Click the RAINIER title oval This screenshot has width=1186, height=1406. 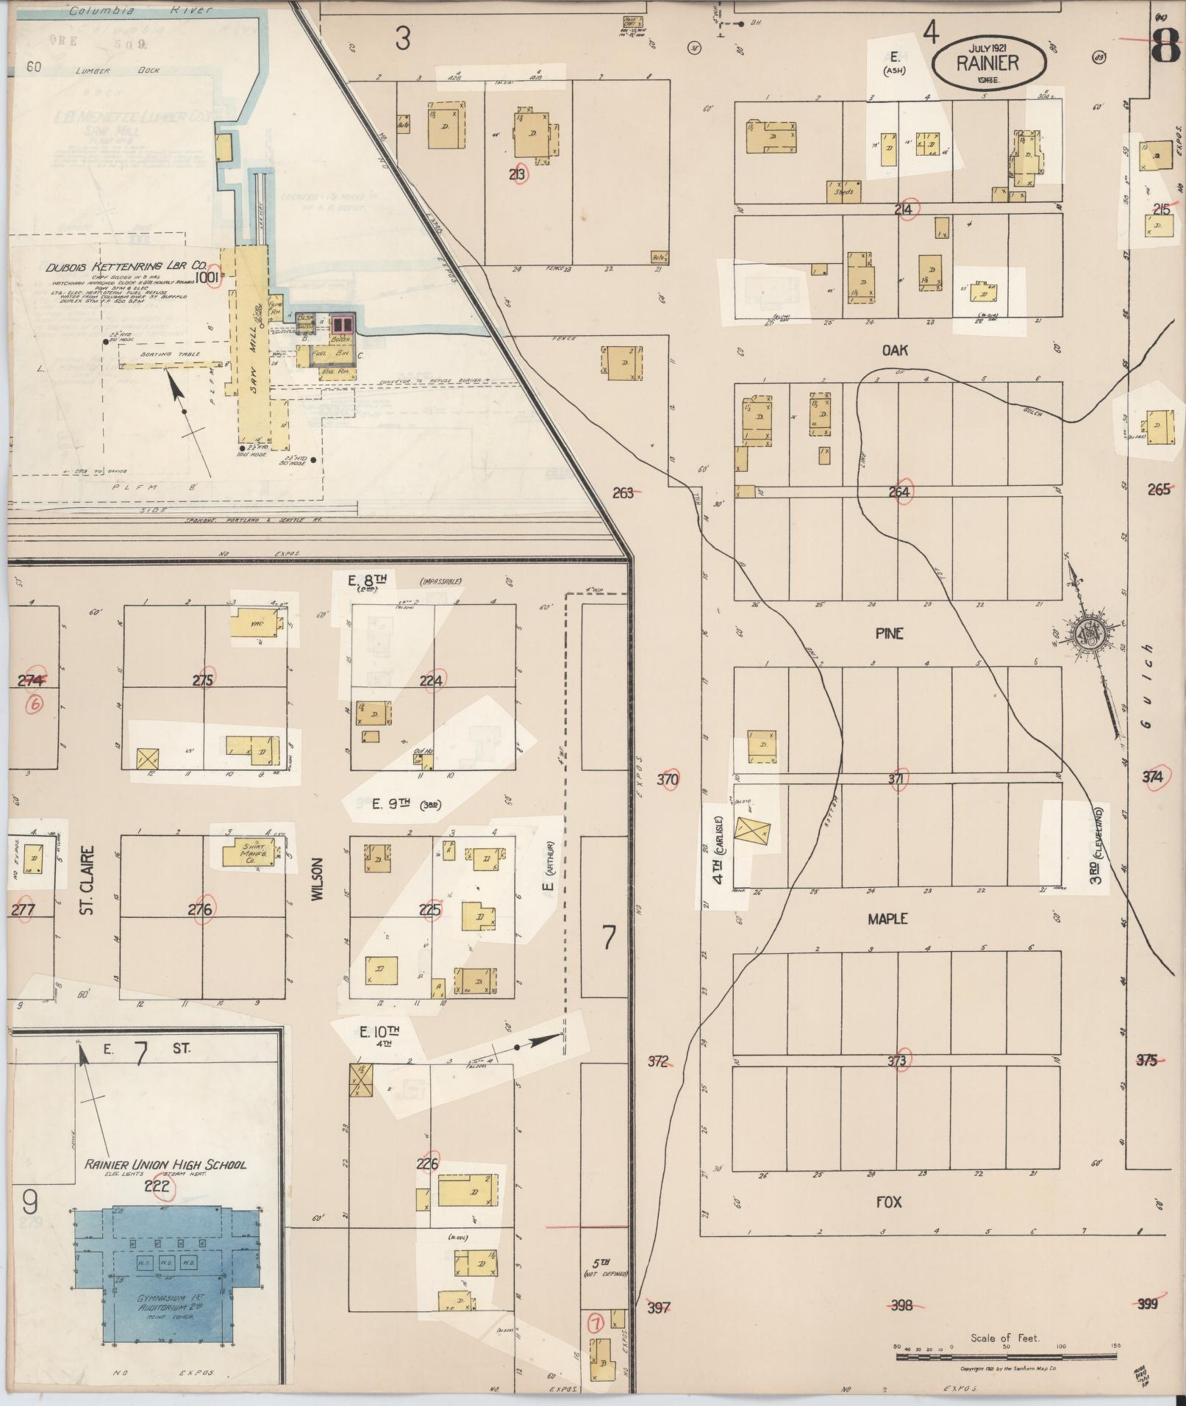988,62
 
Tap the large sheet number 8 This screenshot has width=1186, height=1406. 1165,44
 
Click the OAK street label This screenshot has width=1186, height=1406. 895,351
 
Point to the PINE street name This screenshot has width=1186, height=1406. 889,634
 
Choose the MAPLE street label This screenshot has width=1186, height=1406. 887,919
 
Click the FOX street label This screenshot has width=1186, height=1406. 888,1202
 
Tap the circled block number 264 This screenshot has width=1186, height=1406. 900,492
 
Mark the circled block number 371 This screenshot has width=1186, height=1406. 896,779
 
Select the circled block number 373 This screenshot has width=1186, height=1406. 897,1061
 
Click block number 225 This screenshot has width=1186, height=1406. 430,910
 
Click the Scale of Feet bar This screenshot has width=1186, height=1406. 1005,1354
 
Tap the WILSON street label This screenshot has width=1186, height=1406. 318,880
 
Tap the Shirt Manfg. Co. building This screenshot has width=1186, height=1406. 252,853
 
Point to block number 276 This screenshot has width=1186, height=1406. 200,910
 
